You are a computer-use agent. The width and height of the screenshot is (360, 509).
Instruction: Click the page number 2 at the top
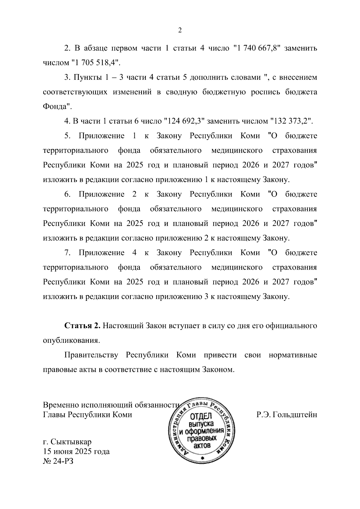tap(180, 30)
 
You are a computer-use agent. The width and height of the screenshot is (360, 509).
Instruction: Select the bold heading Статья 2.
tap(82, 326)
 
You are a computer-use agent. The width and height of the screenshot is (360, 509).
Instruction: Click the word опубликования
tap(71, 341)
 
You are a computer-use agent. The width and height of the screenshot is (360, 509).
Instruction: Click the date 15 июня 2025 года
tap(76, 451)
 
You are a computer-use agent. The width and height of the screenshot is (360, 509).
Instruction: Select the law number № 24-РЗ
tap(58, 461)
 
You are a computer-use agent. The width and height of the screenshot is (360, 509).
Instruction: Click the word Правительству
tap(91, 355)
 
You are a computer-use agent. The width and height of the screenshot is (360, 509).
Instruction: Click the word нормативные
tap(293, 355)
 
